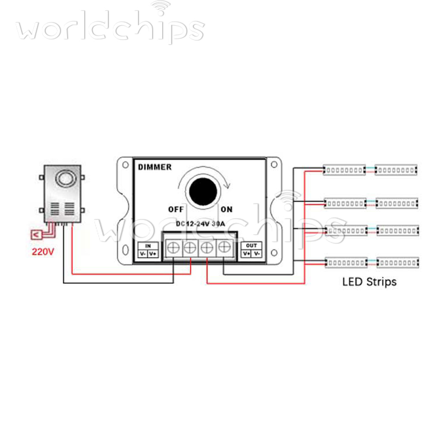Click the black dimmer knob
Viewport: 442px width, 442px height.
point(204,191)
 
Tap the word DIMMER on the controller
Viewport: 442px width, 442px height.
point(155,167)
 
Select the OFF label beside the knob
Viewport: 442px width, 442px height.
point(175,209)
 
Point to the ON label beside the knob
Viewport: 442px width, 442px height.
point(227,209)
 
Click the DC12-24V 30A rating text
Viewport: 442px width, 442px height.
point(200,224)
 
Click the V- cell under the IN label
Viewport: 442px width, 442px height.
point(143,254)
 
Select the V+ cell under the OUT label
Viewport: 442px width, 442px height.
point(246,254)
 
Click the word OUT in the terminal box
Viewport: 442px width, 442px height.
point(251,246)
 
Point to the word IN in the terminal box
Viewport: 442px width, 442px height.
point(148,246)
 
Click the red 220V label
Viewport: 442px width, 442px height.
point(42,252)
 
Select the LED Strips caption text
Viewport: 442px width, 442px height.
point(370,281)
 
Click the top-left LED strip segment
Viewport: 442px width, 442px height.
point(345,170)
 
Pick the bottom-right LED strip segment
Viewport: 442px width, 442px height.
point(397,263)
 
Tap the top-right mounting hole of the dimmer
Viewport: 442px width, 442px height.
point(274,164)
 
